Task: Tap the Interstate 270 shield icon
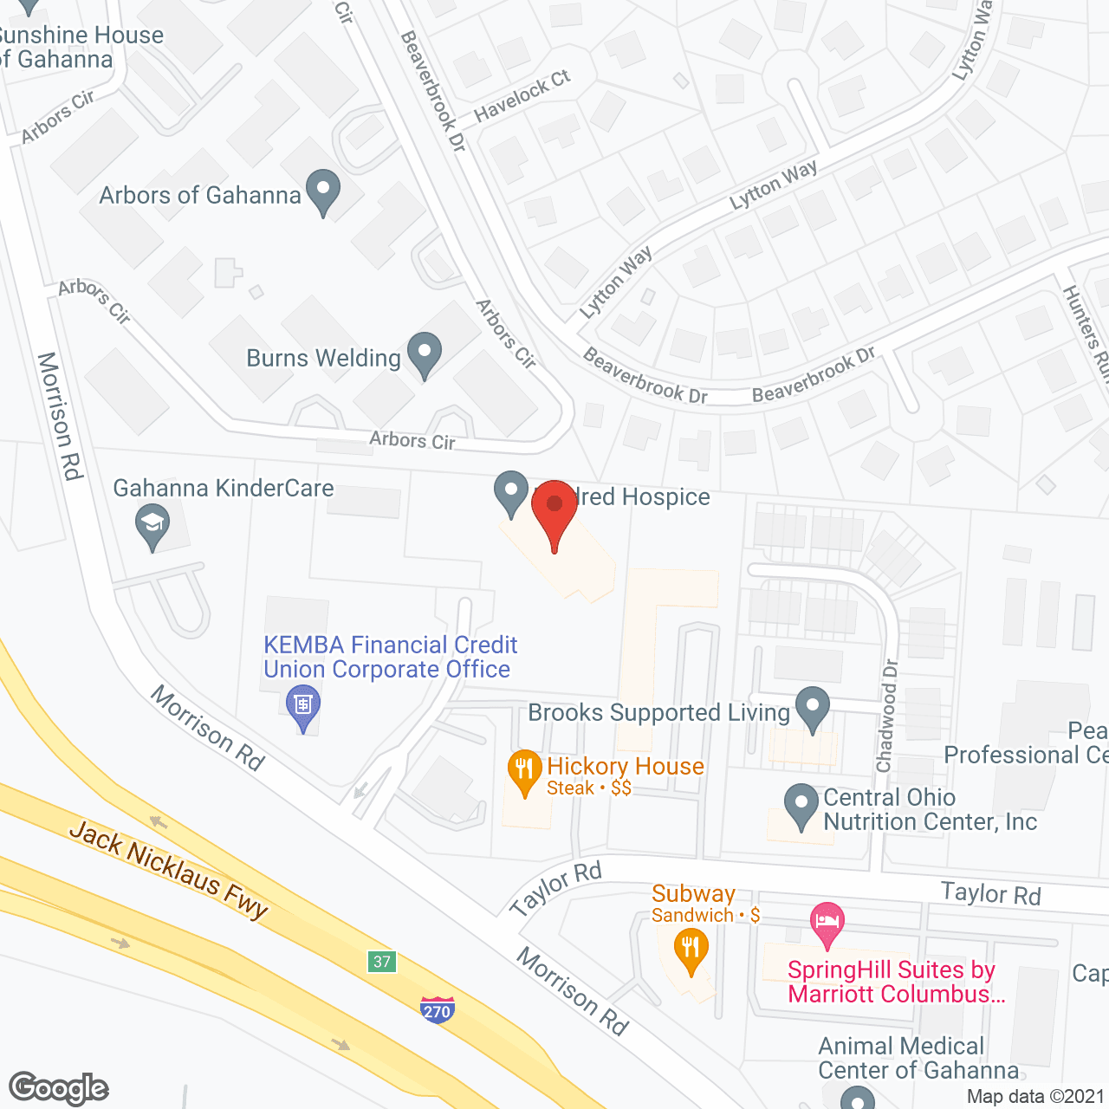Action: coord(437,1009)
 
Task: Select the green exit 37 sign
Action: coord(382,961)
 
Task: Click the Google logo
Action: coord(59,1088)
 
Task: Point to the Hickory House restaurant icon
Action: coord(524,770)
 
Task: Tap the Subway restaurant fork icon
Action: coord(691,949)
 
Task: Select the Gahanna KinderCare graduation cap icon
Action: coord(153,525)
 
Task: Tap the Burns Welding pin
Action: coord(425,353)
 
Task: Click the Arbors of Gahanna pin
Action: coord(323,191)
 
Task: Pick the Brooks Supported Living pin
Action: coord(812,707)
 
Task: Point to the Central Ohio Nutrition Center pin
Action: coord(801,805)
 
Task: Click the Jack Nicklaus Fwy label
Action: coord(169,869)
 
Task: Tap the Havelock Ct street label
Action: coord(522,95)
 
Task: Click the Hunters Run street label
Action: coord(1087,329)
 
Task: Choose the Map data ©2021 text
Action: coord(1036,1096)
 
